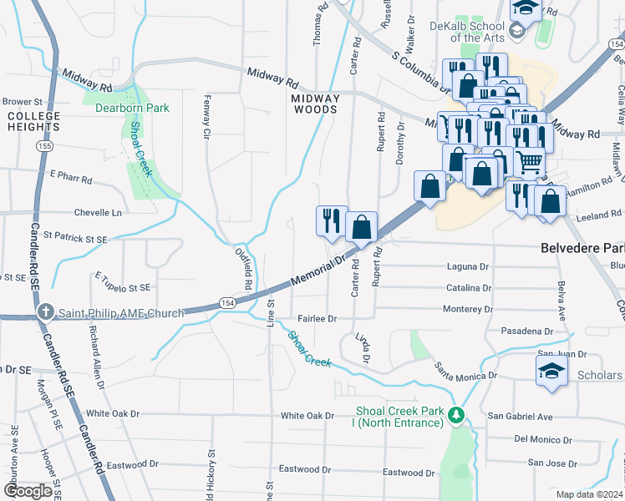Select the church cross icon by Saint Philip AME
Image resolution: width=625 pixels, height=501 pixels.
[47, 314]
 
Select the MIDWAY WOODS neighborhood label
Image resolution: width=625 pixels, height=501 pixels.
[315, 104]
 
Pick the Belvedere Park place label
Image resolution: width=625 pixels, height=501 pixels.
[582, 249]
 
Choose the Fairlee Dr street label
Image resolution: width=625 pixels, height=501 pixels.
[318, 319]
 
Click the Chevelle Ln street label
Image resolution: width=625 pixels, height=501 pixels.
[98, 213]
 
